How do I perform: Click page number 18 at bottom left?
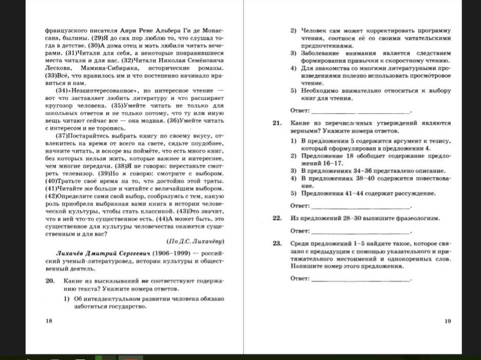(x=49, y=321)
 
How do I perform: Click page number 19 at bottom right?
(x=447, y=321)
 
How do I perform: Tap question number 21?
(x=276, y=123)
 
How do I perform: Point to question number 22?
(x=276, y=218)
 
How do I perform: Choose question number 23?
(x=276, y=244)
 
